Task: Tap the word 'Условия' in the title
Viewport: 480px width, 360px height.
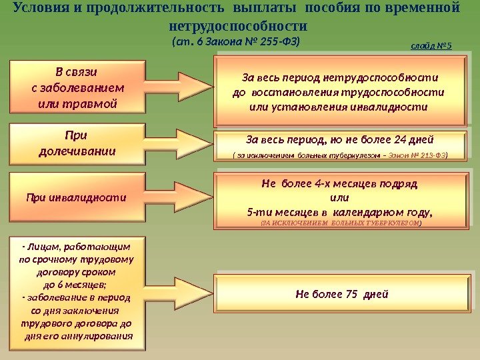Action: [41, 9]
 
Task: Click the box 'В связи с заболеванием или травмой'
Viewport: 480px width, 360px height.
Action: [77, 86]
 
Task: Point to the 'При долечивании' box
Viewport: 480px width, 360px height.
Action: [77, 143]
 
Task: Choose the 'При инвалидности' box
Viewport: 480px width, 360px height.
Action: [76, 197]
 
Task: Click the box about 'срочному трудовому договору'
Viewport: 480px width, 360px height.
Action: [77, 292]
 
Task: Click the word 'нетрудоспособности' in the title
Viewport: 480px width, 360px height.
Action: [239, 27]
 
